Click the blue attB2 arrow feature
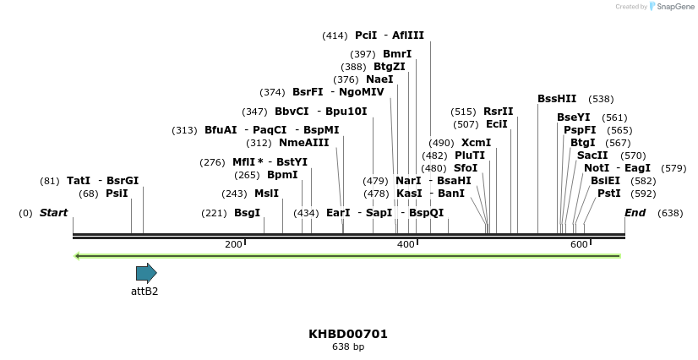(146, 273)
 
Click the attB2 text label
(145, 292)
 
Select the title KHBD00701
(348, 334)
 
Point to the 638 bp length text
(348, 347)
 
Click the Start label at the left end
(53, 213)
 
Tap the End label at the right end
(635, 213)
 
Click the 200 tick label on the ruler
(232, 244)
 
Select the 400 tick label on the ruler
(406, 244)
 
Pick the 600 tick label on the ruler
(579, 244)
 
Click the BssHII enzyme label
(557, 99)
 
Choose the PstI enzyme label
(608, 194)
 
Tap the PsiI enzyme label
(117, 194)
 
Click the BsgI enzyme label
(247, 213)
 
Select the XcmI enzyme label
(476, 143)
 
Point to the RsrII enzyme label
(498, 112)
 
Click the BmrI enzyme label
(397, 54)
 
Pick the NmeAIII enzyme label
(303, 143)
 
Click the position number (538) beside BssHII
(601, 99)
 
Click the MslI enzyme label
(266, 194)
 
